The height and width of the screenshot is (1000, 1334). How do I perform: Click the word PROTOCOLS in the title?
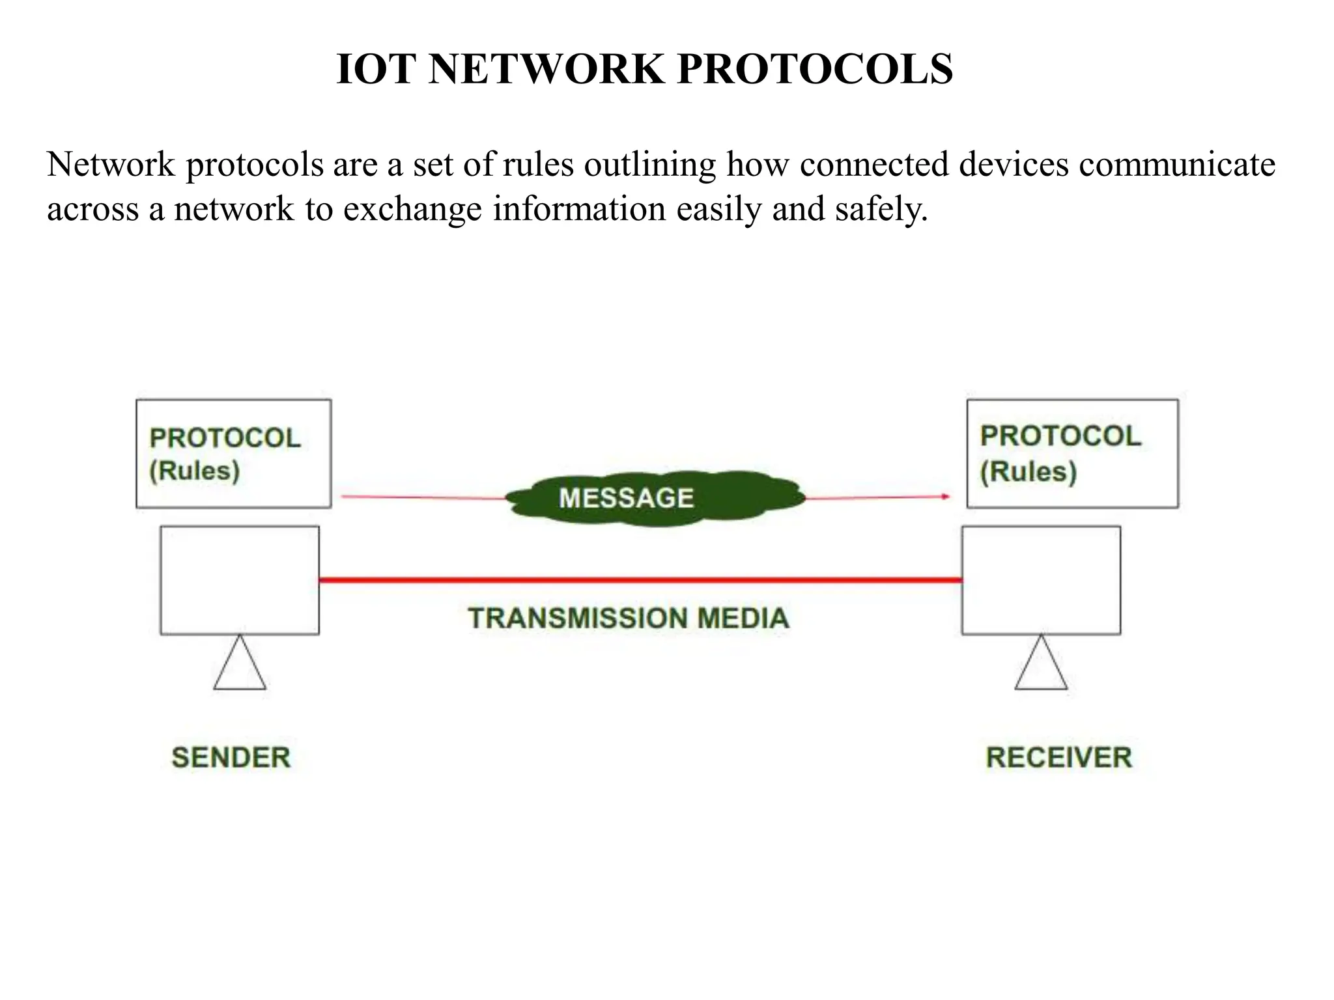pyautogui.click(x=815, y=69)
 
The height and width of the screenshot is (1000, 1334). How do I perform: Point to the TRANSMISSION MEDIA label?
pyautogui.click(x=629, y=618)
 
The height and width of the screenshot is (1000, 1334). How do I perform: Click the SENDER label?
pyautogui.click(x=231, y=758)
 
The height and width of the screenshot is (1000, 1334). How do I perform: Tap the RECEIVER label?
pyautogui.click(x=1059, y=758)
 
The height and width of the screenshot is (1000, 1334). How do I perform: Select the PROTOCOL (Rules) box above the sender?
pyautogui.click(x=233, y=454)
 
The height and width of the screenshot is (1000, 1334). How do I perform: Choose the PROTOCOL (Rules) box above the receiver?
pyautogui.click(x=1072, y=454)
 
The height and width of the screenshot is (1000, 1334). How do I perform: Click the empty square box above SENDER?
pyautogui.click(x=240, y=580)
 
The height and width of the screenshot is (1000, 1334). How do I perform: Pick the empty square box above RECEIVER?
pyautogui.click(x=1041, y=580)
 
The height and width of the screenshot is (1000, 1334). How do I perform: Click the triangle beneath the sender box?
pyautogui.click(x=240, y=665)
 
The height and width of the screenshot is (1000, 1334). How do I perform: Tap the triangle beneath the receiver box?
pyautogui.click(x=1041, y=665)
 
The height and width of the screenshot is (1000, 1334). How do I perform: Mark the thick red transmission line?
pyautogui.click(x=640, y=579)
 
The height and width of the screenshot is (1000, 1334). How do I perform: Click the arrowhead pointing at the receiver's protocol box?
pyautogui.click(x=945, y=497)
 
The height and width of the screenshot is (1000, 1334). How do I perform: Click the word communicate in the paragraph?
pyautogui.click(x=1177, y=164)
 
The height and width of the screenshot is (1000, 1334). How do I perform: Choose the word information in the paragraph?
pyautogui.click(x=579, y=209)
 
